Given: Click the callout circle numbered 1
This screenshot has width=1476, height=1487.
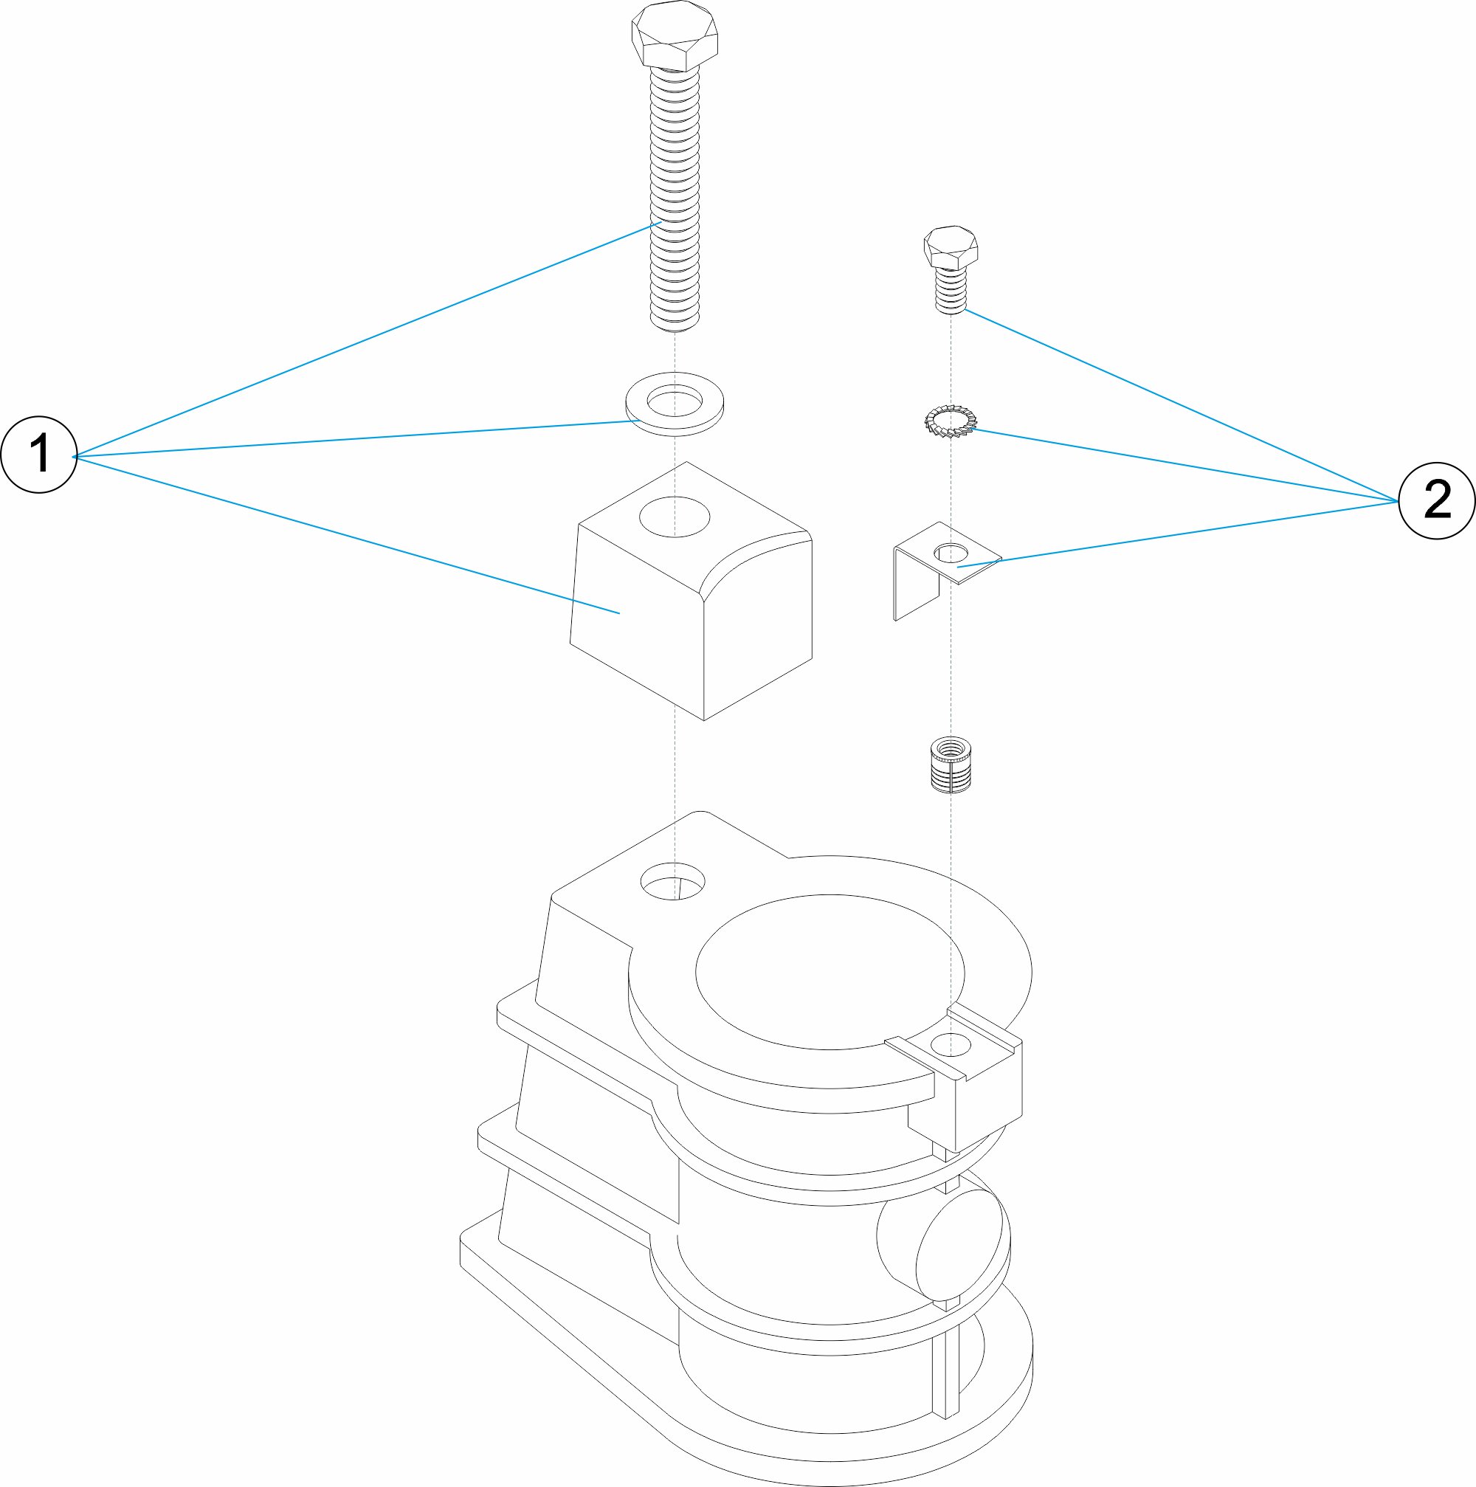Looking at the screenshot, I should [x=39, y=454].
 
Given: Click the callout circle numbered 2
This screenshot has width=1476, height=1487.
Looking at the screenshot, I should [x=1436, y=500].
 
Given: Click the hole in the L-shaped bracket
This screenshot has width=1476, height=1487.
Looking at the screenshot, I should [x=952, y=553].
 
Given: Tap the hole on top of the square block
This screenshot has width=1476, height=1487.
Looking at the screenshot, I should [x=674, y=517].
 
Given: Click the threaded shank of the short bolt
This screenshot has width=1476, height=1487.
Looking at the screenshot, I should [x=951, y=289].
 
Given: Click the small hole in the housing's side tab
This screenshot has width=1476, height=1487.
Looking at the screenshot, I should [x=951, y=1044].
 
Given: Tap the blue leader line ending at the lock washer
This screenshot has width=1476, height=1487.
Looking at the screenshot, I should [x=1185, y=466].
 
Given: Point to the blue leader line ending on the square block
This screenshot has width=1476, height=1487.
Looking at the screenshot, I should [x=346, y=535].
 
